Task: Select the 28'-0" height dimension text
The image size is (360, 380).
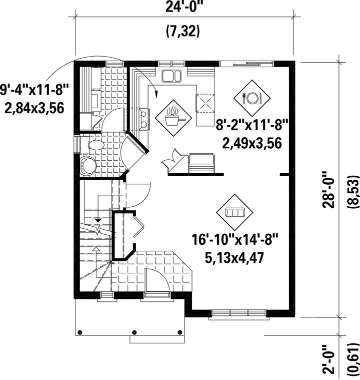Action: point(328,190)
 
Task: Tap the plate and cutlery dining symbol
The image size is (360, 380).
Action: point(252,98)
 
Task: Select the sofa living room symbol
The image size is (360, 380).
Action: point(234,212)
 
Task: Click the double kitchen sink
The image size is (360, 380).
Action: point(171,76)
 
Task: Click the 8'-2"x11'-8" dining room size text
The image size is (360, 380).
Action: point(252,126)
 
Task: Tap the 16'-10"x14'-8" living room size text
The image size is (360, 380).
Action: point(235,240)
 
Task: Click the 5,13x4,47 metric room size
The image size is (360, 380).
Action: point(234,258)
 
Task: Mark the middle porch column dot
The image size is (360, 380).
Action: point(134,332)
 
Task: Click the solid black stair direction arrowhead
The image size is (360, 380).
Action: point(98,220)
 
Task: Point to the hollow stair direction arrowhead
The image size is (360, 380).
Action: point(96,249)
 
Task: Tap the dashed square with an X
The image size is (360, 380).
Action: point(205,103)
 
